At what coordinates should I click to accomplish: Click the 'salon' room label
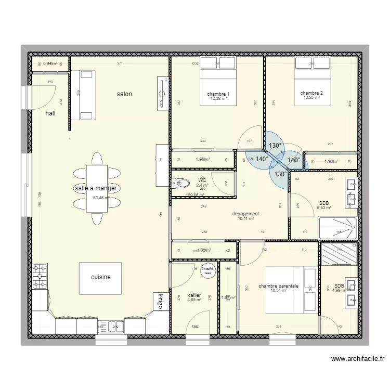[x=124, y=94]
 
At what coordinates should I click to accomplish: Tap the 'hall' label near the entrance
[x=50, y=113]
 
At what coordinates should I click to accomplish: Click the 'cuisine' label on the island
[x=101, y=277]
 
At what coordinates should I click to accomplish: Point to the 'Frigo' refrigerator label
[x=161, y=302]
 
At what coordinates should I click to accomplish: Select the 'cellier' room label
[x=194, y=294]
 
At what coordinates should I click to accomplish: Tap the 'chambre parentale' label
[x=278, y=285]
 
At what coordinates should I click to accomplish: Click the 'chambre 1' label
[x=218, y=94]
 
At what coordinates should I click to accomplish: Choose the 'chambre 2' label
[x=312, y=93]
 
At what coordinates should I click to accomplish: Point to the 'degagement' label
[x=245, y=213]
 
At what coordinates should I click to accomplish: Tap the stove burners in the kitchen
[x=40, y=277]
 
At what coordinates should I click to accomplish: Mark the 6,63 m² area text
[x=324, y=208]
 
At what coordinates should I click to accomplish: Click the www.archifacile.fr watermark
[x=357, y=358]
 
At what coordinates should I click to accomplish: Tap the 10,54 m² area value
[x=279, y=291]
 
